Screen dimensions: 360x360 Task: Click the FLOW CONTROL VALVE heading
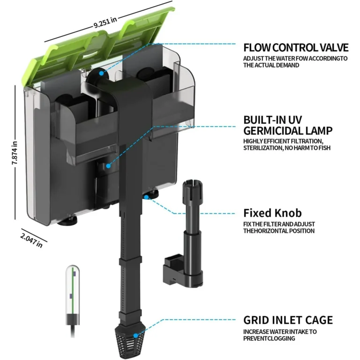click(296, 47)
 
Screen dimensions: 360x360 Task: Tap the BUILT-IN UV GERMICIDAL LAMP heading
click(287, 125)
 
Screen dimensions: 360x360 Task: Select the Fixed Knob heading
click(272, 213)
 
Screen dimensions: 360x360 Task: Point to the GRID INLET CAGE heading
click(288, 320)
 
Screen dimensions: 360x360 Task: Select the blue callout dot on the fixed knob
click(147, 197)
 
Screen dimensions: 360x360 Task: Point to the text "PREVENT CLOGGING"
click(269, 338)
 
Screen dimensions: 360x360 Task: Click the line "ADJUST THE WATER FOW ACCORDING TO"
click(295, 59)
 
